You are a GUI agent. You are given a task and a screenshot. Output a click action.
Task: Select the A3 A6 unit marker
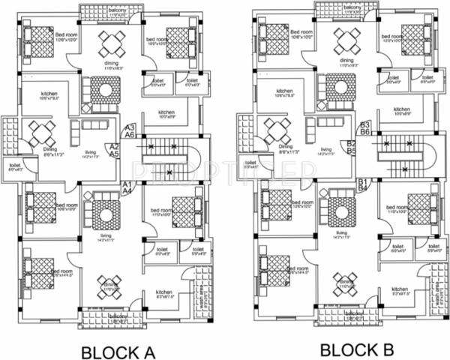129,131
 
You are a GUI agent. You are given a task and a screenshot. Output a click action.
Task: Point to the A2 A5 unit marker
115,150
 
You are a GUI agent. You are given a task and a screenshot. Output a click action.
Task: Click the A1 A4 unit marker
127,187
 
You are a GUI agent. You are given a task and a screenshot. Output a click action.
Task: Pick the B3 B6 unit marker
365,128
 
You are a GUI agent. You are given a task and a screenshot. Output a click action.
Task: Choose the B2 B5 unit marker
351,147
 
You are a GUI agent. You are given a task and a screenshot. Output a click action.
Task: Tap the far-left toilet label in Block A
14,166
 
